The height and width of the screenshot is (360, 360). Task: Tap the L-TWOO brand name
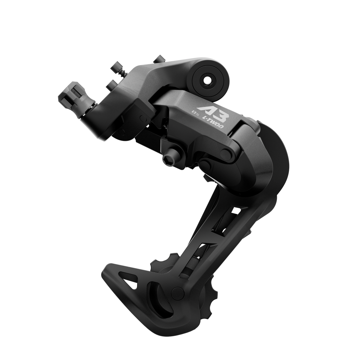215,123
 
